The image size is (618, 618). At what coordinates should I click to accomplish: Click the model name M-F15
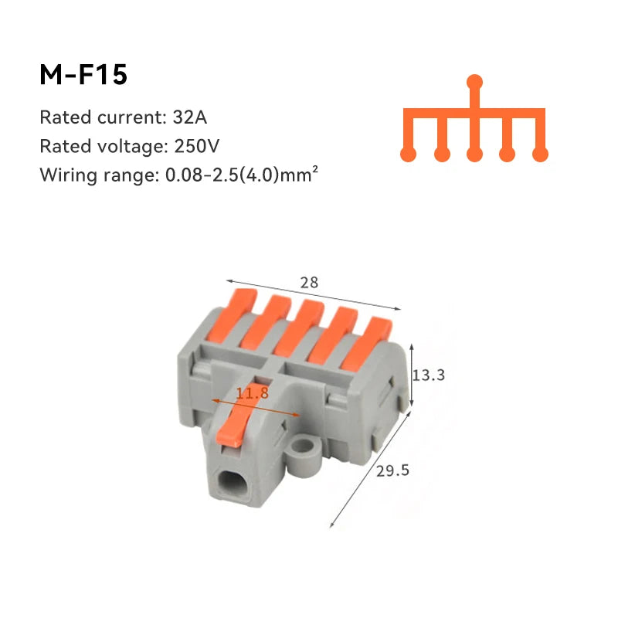[x=83, y=75]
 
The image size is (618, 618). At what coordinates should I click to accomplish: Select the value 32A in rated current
[x=191, y=118]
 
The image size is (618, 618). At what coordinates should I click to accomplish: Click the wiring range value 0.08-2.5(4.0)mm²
[x=242, y=175]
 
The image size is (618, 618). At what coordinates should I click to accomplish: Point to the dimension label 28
[x=309, y=283]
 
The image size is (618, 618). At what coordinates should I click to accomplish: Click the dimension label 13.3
[x=430, y=375]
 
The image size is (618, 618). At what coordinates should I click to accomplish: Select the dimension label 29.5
[x=392, y=470]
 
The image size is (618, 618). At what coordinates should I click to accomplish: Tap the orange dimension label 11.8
[x=253, y=393]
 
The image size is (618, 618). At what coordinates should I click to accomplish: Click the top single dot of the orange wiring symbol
[x=475, y=81]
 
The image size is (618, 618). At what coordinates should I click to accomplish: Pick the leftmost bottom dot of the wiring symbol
[x=409, y=154]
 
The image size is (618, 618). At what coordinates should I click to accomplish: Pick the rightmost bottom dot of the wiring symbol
[x=541, y=154]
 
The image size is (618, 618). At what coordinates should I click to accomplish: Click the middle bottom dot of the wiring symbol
[x=475, y=154]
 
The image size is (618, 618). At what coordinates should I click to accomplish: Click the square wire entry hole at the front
[x=229, y=485]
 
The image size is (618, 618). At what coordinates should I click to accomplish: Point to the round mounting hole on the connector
[x=307, y=449]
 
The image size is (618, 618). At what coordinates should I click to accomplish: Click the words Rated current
[x=98, y=118]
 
